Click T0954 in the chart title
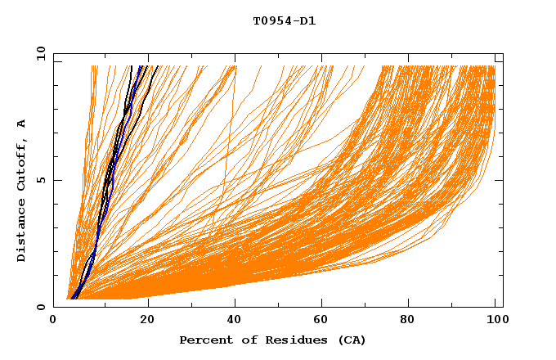pyautogui.click(x=270, y=20)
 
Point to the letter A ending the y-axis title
pyautogui.click(x=22, y=124)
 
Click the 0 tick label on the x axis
pyautogui.click(x=53, y=320)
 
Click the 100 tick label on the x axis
pyautogui.click(x=495, y=320)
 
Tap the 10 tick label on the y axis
pyautogui.click(x=39, y=53)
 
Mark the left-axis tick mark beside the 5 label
pyautogui.click(x=56, y=180)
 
